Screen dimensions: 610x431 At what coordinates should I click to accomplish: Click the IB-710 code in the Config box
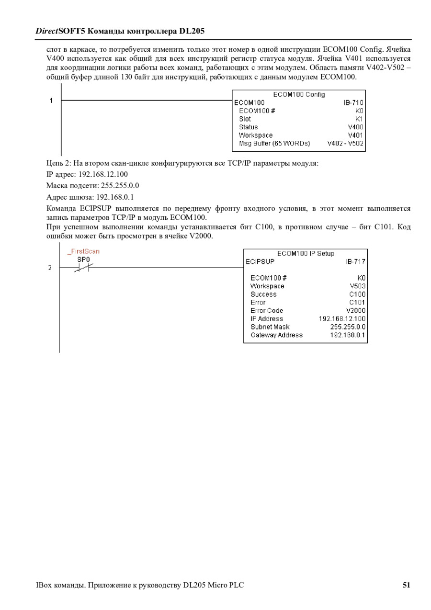coord(353,102)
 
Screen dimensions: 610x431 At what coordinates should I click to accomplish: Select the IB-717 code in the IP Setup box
coord(355,261)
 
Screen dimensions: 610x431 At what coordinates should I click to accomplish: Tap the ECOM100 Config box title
coord(299,94)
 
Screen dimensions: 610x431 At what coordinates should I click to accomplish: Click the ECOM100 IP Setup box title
coord(306,253)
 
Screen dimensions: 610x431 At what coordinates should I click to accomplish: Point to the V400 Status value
coord(355,127)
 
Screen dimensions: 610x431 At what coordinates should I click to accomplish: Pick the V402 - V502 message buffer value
coord(345,143)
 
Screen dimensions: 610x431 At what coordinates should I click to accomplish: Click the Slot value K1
coord(359,119)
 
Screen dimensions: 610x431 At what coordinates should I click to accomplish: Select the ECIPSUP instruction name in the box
coord(260,261)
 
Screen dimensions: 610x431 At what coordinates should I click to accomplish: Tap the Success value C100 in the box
coord(357,294)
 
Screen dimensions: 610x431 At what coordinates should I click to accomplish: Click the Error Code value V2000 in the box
coord(355,310)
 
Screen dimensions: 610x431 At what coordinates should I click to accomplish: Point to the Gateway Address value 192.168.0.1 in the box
coord(348,335)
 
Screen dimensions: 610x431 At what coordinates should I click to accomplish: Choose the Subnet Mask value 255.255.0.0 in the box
coord(348,327)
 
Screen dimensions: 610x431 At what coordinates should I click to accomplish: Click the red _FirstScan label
coord(83,251)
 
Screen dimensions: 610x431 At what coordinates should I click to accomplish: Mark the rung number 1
coord(50,101)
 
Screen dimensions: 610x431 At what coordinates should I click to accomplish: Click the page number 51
coord(406,585)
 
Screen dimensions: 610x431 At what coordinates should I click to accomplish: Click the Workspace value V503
coord(357,286)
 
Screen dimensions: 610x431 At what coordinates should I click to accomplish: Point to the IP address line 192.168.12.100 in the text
coord(87,174)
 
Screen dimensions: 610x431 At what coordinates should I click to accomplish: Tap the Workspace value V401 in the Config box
coord(355,135)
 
